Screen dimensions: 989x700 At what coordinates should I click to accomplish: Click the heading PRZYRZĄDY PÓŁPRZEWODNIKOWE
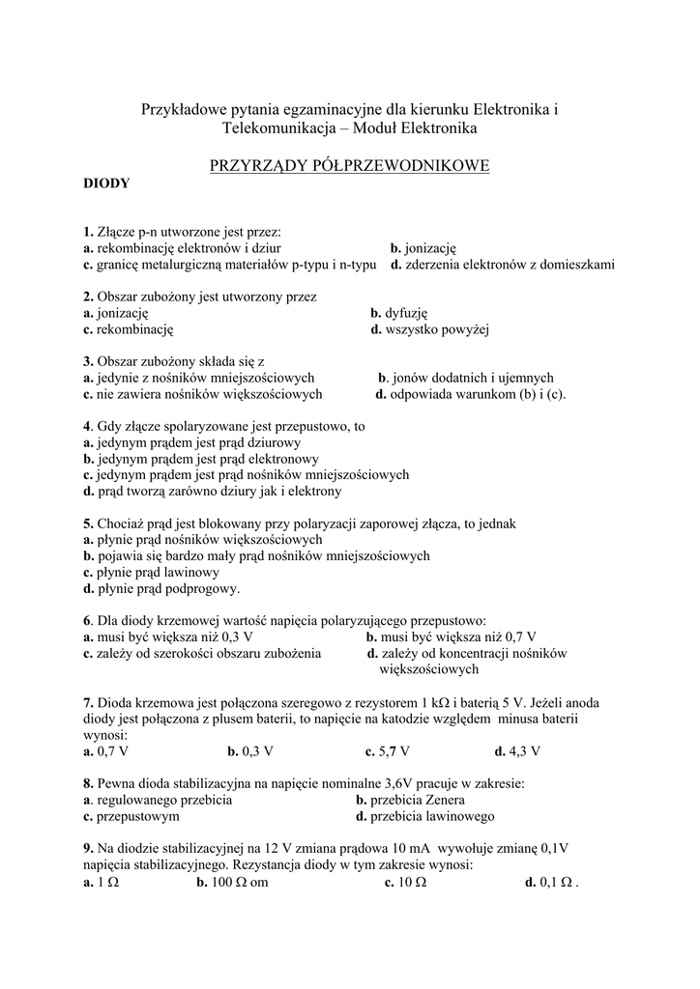point(349,166)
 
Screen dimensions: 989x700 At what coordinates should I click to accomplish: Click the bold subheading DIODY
point(106,183)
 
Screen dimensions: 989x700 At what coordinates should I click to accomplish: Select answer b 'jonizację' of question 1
point(423,248)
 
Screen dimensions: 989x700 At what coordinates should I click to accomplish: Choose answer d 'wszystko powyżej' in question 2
point(430,329)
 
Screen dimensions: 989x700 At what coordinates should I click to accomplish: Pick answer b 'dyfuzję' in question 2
point(398,313)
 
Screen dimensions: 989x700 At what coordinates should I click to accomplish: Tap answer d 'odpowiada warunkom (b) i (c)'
point(470,394)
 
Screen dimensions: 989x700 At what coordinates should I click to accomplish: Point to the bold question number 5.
point(87,523)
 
